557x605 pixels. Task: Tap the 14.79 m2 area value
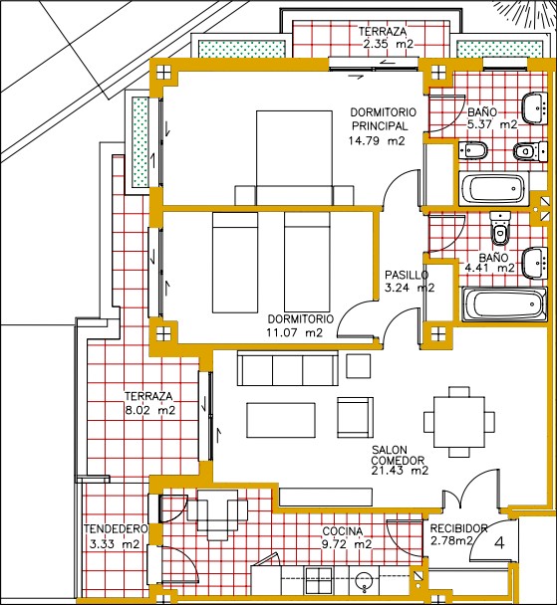[377, 141]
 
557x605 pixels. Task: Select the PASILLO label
[407, 275]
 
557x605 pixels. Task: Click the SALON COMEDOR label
[398, 456]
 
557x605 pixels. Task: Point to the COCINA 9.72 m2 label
[347, 538]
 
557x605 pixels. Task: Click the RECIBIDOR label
[459, 528]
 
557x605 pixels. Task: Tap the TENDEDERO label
[116, 529]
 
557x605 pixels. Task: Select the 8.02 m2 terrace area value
[150, 410]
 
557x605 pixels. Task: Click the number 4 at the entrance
[499, 543]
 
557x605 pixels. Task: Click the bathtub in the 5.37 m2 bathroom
[494, 189]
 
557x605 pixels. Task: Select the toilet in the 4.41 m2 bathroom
[500, 228]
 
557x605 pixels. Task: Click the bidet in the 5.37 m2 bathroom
[473, 149]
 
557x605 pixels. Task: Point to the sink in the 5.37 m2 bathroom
[535, 107]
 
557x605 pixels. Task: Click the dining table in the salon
[459, 422]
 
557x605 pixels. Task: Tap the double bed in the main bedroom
[294, 158]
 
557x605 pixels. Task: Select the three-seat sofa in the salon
[288, 368]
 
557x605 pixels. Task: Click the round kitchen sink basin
[364, 579]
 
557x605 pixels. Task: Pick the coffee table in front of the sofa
[281, 420]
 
